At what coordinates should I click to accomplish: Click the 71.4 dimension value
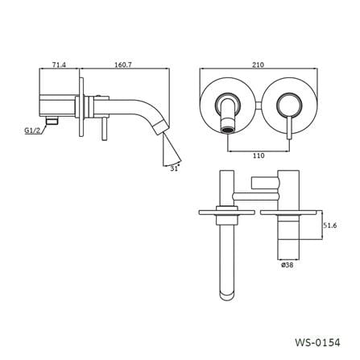tap(59, 65)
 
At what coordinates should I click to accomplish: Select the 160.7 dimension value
tap(123, 65)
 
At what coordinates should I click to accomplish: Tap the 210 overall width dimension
tap(259, 64)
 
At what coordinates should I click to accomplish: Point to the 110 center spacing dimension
tap(259, 155)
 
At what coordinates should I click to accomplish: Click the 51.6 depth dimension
tap(329, 226)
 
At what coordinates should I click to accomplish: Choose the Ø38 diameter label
tap(287, 265)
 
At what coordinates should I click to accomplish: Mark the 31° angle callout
tap(175, 168)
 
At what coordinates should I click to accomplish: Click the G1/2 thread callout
tap(32, 130)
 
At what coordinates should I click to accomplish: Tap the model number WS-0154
tap(317, 342)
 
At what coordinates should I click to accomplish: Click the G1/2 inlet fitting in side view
tap(52, 121)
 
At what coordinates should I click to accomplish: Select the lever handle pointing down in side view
tap(105, 129)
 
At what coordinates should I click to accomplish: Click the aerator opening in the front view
tap(227, 130)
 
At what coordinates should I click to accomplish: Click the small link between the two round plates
tap(259, 106)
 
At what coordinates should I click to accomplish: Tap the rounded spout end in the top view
tap(227, 295)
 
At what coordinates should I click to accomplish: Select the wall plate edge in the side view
tap(81, 107)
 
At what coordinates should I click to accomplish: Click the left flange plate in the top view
tap(226, 213)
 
